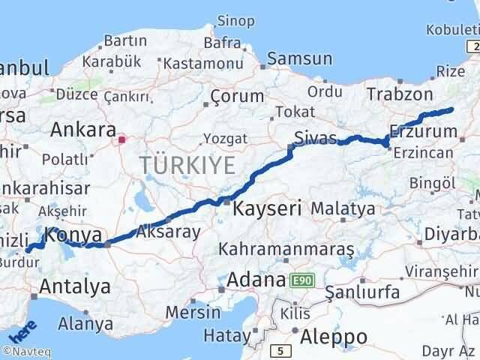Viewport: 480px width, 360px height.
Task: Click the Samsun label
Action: click(x=299, y=58)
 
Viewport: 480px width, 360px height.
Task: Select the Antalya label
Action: click(x=74, y=286)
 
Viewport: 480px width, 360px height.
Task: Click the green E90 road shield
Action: click(x=301, y=280)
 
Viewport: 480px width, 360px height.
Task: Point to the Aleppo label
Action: click(x=333, y=337)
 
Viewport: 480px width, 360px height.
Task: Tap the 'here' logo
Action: click(x=22, y=330)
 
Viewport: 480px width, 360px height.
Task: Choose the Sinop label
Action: click(x=235, y=20)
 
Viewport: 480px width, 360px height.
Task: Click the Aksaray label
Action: click(x=169, y=231)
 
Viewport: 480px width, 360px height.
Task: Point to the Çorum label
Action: click(x=237, y=97)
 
